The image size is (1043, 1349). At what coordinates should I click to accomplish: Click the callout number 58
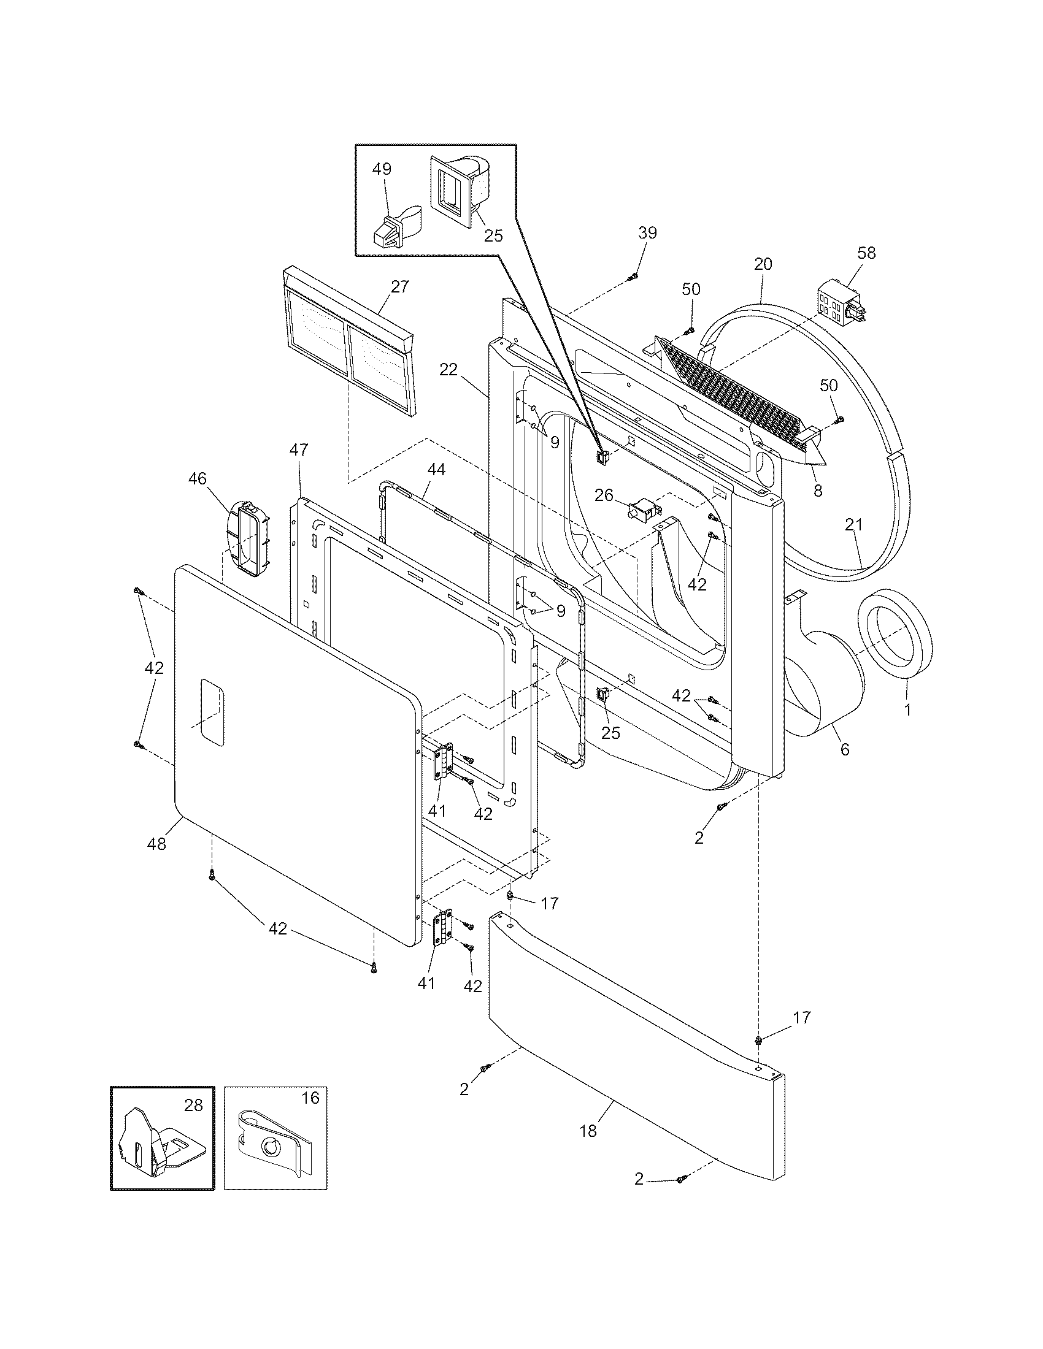coord(867,253)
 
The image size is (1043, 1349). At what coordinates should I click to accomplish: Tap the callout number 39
coord(647,233)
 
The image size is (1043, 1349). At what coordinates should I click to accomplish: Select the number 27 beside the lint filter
coord(400,286)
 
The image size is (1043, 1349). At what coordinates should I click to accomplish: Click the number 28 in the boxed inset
coord(193,1106)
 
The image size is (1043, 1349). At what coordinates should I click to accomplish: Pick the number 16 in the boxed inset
coord(311,1098)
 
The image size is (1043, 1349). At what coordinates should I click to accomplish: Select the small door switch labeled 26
coord(641,510)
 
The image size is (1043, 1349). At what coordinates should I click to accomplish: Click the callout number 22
coord(448,370)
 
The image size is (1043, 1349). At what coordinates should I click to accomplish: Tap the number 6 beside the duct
coord(845,749)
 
